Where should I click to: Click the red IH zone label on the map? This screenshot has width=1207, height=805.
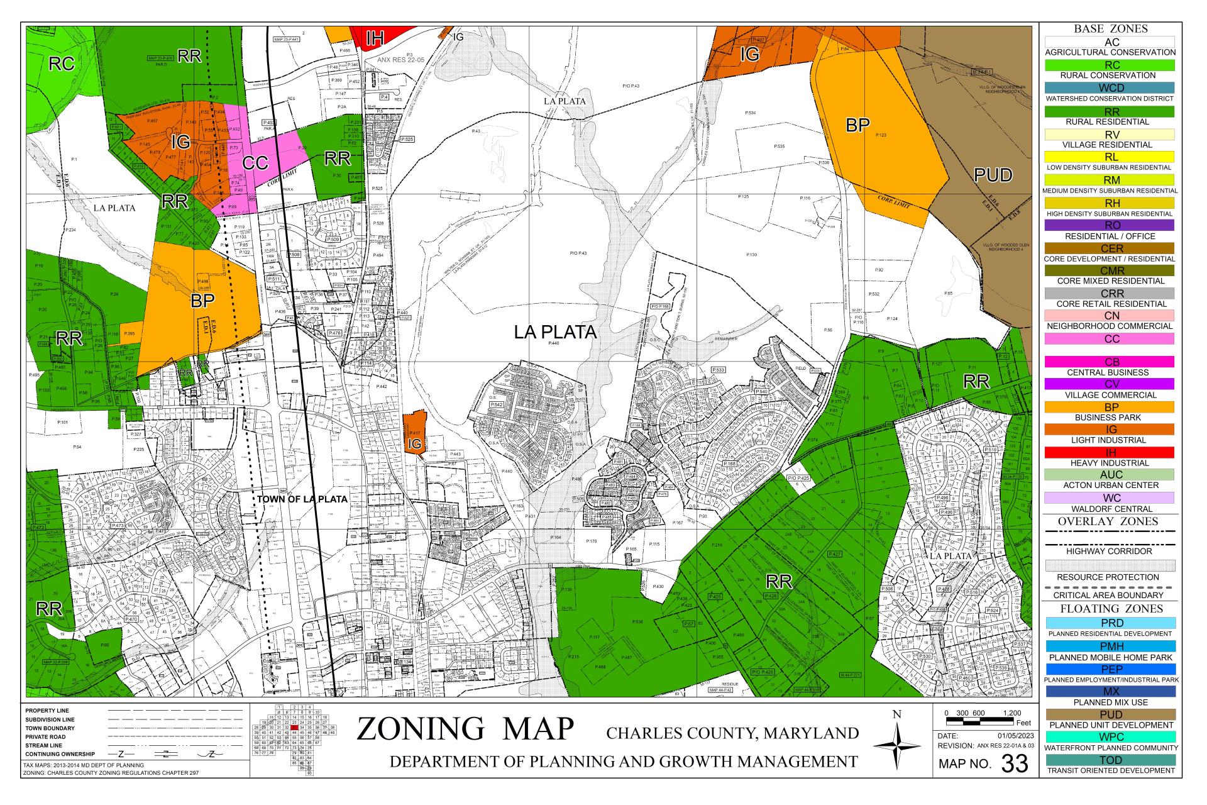375,39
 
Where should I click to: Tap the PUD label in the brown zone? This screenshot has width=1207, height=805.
993,175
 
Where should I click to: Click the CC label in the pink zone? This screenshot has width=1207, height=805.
255,164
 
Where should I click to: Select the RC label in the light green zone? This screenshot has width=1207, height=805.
62,64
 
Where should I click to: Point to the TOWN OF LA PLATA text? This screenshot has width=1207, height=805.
302,499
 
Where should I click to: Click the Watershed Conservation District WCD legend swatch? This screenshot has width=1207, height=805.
1110,88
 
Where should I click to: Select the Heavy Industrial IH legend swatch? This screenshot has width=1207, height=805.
1110,452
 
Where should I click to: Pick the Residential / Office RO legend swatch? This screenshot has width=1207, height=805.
1110,225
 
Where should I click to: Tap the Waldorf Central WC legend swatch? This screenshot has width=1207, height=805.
1110,498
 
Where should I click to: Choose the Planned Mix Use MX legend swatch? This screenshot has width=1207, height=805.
1110,692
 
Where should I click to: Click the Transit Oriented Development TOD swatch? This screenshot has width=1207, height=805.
1110,760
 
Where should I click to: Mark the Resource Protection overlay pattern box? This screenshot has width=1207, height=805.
1110,565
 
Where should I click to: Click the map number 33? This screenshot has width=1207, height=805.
1014,763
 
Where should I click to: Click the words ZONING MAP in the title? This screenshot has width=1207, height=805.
465,729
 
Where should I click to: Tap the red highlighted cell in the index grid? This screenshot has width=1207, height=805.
294,727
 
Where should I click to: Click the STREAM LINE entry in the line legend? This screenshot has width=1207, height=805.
44,745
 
